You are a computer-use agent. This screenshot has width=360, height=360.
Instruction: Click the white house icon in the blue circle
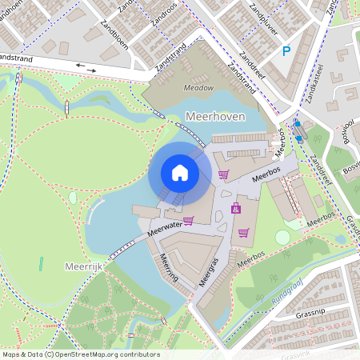[180, 173]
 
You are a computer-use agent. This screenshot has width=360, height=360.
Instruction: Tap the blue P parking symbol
[286, 52]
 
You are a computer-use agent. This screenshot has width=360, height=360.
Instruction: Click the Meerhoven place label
[214, 117]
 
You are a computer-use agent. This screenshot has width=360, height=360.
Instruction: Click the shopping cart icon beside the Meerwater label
[189, 221]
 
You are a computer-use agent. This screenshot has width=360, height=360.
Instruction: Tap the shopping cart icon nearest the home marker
[223, 174]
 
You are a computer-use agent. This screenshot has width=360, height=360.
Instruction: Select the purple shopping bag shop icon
[236, 209]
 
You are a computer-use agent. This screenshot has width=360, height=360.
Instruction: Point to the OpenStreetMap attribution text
[81, 354]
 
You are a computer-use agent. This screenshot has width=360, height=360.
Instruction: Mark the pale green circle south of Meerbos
[282, 238]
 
